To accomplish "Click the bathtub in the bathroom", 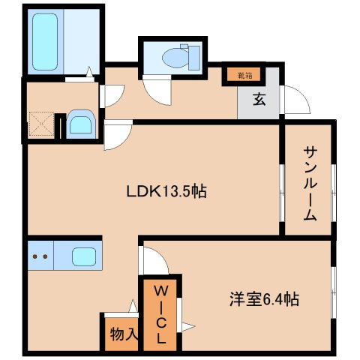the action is coord(45,41).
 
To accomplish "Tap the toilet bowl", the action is coord(175,58).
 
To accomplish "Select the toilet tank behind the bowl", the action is coord(194,58).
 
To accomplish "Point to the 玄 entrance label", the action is coord(259,99).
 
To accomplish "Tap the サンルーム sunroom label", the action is coord(310,184).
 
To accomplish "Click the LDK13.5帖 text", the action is coord(166,192).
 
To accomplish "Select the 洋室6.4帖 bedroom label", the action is coord(264,299).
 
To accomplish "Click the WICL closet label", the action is coord(161,315).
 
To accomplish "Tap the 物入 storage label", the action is coord(124,334).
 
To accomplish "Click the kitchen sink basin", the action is coord(84,256).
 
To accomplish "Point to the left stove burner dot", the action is coord(34,256).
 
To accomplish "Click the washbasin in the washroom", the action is coord(80,124).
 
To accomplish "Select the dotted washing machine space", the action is coord(42,124).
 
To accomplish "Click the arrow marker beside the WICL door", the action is coord(188,326).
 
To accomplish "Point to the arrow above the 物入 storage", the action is coord(133,305).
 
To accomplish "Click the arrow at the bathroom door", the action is coord(89,72).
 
